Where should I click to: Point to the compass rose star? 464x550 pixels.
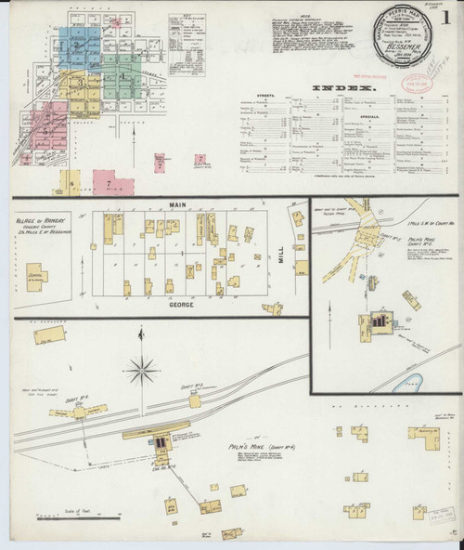141,372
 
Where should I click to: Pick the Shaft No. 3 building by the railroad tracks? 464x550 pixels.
194,400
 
